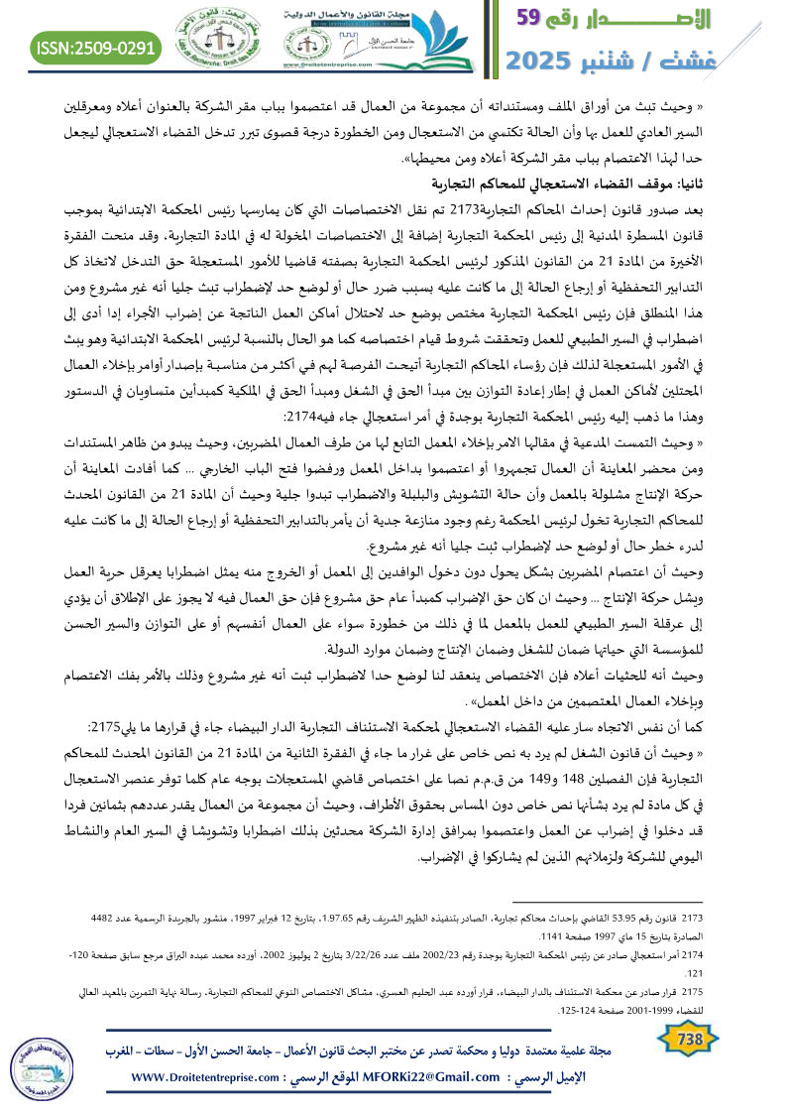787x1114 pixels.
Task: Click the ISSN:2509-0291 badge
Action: click(x=96, y=47)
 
